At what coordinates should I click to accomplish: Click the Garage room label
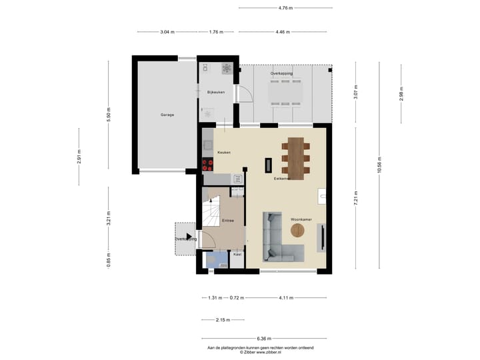pos(167,115)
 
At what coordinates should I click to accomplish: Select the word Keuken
pos(224,153)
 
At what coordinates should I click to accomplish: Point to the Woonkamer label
pos(301,219)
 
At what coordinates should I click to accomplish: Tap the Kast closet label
pos(237,254)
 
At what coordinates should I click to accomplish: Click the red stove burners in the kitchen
pos(207,163)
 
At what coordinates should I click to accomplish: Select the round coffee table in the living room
pos(297,231)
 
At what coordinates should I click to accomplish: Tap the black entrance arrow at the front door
pos(190,236)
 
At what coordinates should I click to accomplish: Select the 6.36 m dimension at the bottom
pos(264,338)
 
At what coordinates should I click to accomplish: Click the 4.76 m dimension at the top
pos(285,8)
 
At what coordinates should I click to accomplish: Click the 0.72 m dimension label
pos(236,297)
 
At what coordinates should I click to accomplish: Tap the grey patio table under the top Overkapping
pos(285,92)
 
